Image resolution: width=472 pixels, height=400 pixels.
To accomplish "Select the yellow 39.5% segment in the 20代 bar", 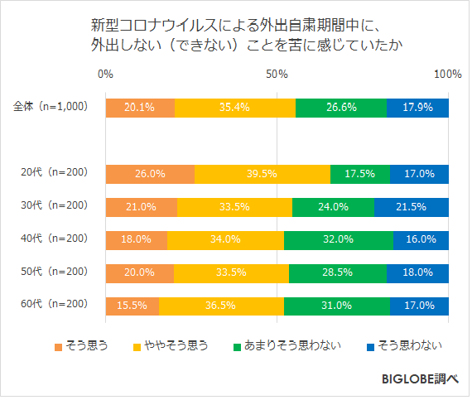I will (262, 174).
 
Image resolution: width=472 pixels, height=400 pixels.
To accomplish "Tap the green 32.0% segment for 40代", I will (339, 239).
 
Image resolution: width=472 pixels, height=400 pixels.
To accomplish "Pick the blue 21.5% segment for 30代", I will (412, 207).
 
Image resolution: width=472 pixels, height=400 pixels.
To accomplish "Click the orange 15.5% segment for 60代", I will (132, 305).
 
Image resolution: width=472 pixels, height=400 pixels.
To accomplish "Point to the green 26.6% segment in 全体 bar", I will (341, 108).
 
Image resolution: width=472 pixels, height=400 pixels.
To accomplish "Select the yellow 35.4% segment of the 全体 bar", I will (235, 108).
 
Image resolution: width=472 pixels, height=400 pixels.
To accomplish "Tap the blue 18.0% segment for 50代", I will (417, 272).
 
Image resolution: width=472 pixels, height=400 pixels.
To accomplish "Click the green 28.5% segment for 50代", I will (338, 272).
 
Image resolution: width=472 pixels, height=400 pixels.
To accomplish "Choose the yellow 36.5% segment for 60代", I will (221, 305).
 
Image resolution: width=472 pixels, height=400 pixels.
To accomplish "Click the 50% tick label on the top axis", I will (277, 75).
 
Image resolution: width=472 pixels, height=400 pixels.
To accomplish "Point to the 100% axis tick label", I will (447, 75).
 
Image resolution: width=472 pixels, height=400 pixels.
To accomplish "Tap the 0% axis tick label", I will (106, 75).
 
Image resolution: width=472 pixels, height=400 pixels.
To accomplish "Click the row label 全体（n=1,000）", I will (51, 108).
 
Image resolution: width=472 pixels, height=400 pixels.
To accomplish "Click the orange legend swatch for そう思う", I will (59, 345).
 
